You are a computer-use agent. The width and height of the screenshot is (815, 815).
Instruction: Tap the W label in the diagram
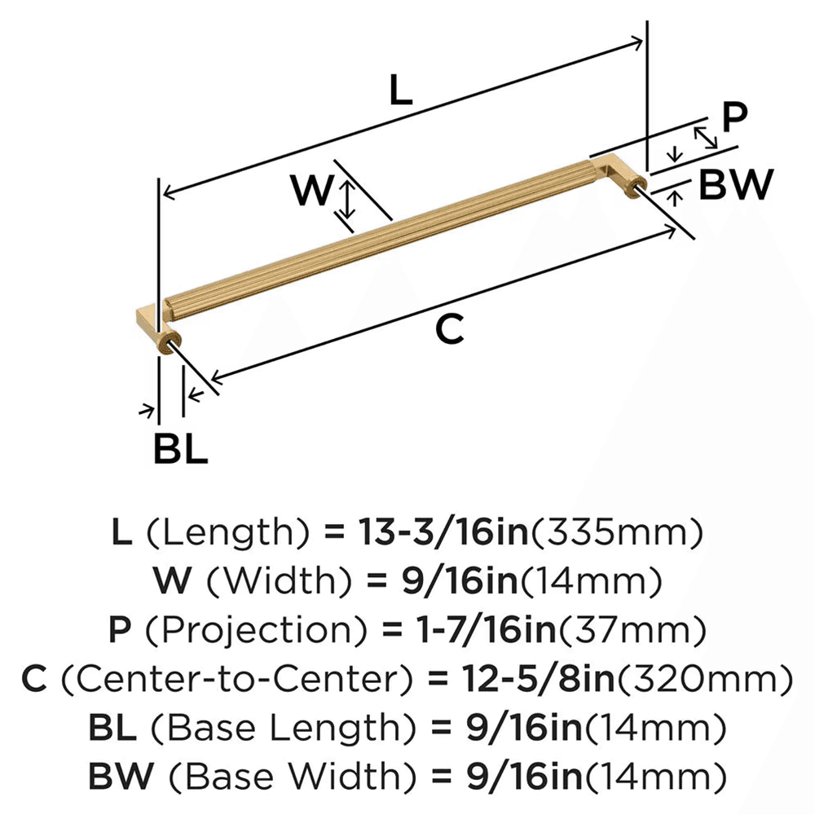click(313, 192)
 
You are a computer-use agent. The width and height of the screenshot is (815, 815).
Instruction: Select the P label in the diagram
click(734, 119)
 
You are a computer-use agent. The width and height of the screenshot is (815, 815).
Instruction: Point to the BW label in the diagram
click(736, 186)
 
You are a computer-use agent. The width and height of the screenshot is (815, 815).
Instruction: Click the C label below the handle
click(449, 330)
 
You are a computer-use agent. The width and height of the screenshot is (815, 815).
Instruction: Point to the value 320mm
click(718, 678)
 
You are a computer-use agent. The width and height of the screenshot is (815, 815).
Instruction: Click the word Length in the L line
click(229, 533)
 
